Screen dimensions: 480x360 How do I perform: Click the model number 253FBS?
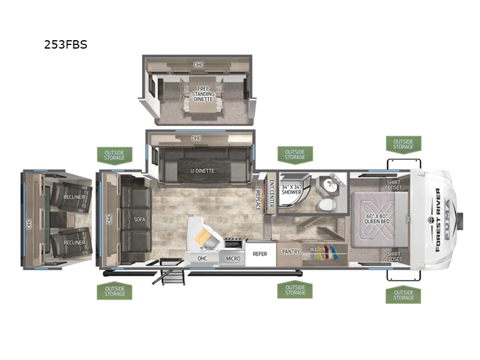pyautogui.click(x=65, y=44)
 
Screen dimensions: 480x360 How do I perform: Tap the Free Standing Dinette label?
pyautogui.click(x=203, y=94)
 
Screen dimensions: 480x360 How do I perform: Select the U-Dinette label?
pyautogui.click(x=202, y=171)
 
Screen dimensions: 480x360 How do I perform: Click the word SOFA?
pyautogui.click(x=139, y=220)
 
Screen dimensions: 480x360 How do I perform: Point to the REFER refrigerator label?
pyautogui.click(x=260, y=254)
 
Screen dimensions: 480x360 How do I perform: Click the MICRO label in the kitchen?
pyautogui.click(x=233, y=259)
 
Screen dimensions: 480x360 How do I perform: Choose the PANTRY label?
pyautogui.click(x=291, y=251)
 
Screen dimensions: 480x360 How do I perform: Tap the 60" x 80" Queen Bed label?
pyautogui.click(x=377, y=218)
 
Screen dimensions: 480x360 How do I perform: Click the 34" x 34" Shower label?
pyautogui.click(x=291, y=190)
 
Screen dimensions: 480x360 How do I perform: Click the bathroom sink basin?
pyautogui.click(x=331, y=184)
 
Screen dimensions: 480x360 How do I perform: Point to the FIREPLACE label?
pyautogui.click(x=258, y=199)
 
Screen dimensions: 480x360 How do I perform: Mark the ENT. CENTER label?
pyautogui.click(x=272, y=193)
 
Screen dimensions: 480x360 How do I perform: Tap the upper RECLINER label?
pyautogui.click(x=74, y=197)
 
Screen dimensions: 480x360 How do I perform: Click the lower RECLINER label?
pyautogui.click(x=74, y=243)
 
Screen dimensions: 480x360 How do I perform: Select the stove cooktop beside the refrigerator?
pyautogui.click(x=234, y=244)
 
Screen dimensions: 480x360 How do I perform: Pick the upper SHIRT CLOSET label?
pyautogui.click(x=394, y=185)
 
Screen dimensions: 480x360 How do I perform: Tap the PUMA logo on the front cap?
pyautogui.click(x=448, y=219)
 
